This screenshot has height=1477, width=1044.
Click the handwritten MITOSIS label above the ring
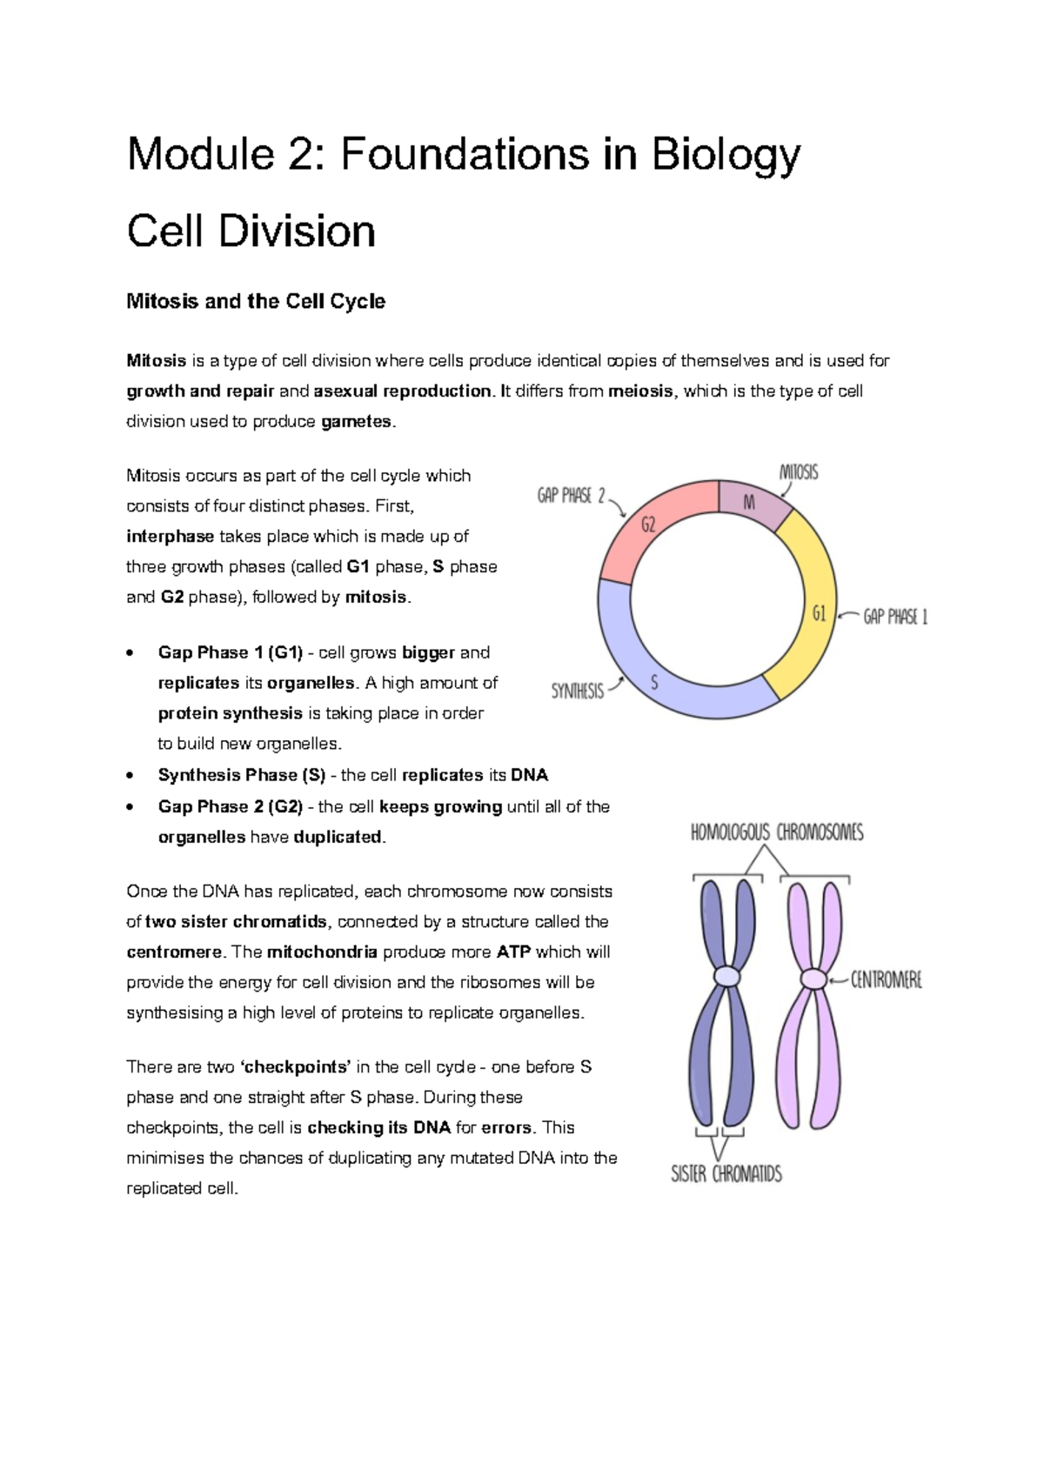798,473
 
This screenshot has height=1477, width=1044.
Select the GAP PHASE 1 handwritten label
895,618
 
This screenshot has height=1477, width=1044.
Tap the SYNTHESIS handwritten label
577,692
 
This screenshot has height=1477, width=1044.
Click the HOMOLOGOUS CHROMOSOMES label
777,833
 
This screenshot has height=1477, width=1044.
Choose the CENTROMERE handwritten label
886,980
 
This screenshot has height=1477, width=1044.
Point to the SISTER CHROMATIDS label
726,1174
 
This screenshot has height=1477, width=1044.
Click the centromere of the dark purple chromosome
726,977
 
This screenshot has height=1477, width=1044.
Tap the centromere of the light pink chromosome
813,979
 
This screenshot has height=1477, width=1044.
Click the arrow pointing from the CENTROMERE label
838,980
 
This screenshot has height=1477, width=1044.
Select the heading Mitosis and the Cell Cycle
256,302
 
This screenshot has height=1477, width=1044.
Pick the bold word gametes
357,422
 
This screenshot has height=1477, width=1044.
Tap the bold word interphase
170,537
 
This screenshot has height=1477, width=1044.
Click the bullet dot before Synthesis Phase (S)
130,775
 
